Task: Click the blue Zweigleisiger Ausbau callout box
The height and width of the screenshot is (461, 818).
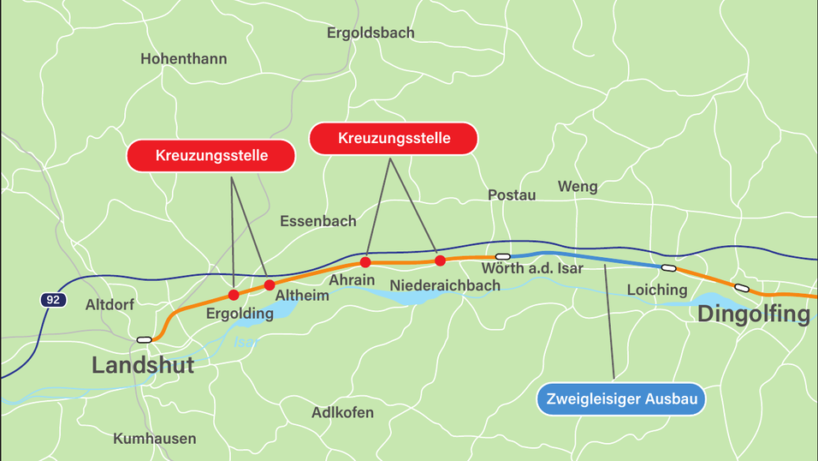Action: [x=622, y=399]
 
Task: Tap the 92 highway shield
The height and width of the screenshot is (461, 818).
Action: [x=53, y=300]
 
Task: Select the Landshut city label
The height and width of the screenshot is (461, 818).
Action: [x=143, y=366]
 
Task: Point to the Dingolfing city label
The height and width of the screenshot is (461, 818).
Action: [x=753, y=314]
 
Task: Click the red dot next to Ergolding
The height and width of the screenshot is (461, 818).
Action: [x=234, y=295]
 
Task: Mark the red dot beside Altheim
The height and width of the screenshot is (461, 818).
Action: [x=270, y=284]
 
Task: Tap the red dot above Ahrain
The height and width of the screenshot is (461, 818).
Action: [x=365, y=261]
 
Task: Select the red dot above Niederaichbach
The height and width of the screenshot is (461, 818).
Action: [x=440, y=260]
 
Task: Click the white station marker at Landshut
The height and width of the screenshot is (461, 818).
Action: [x=145, y=340]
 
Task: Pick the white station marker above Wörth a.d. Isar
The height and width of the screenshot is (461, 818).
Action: [x=503, y=256]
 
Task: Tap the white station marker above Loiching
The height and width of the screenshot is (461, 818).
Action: [x=669, y=268]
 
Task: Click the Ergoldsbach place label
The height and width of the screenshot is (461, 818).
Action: [x=370, y=33]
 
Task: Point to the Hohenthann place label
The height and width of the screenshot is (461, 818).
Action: [x=183, y=59]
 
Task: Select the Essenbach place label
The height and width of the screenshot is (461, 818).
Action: [x=318, y=221]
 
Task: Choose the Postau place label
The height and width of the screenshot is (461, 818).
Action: [x=512, y=195]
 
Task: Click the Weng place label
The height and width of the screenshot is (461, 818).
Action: [x=578, y=187]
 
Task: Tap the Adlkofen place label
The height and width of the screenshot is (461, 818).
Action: [x=342, y=413]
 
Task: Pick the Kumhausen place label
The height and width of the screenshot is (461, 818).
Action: [x=154, y=439]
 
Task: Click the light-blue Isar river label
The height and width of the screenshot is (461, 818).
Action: [x=246, y=342]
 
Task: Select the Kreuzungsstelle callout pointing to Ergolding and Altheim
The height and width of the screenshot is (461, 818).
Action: [x=211, y=156]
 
